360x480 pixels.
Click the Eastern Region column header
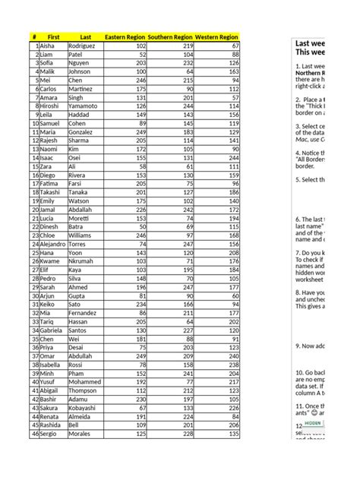pyautogui.click(x=125, y=36)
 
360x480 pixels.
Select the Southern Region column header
pyautogui.click(x=170, y=36)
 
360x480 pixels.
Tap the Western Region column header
pyautogui.click(x=216, y=36)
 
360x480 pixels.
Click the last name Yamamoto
pyautogui.click(x=85, y=106)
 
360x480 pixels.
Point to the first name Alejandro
pyautogui.click(x=53, y=244)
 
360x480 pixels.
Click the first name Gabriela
pyautogui.click(x=52, y=330)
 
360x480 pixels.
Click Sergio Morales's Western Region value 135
pyautogui.click(x=233, y=434)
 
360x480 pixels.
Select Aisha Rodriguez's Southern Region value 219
pyautogui.click(x=186, y=46)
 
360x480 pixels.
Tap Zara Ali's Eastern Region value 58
pyautogui.click(x=141, y=166)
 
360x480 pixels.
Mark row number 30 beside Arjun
pyautogui.click(x=35, y=295)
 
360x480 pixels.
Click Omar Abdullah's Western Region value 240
pyautogui.click(x=232, y=356)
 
